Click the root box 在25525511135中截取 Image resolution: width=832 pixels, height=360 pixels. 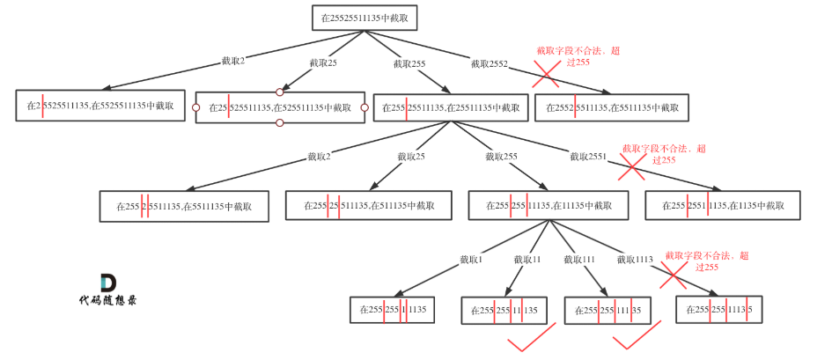click(363, 18)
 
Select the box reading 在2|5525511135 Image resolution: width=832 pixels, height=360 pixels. click(100, 106)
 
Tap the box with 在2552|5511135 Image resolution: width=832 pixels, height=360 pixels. click(611, 107)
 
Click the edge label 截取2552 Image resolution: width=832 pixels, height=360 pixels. click(490, 64)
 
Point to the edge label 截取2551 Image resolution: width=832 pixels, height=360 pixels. click(588, 157)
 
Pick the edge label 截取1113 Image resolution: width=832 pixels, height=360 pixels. click(635, 260)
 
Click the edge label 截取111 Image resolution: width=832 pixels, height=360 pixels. click(579, 260)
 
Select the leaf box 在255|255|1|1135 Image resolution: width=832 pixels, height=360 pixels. click(392, 310)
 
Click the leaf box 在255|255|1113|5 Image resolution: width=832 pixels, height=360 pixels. click(719, 310)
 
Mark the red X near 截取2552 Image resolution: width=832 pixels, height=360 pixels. click(546, 74)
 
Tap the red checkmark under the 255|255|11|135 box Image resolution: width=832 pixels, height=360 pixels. click(532, 337)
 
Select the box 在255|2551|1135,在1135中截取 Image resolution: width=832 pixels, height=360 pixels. click(723, 205)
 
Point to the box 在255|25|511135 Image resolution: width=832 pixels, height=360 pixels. click(369, 205)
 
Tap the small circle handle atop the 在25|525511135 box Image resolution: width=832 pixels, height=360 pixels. click(280, 92)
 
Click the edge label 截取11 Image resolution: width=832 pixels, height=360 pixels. click(527, 260)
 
